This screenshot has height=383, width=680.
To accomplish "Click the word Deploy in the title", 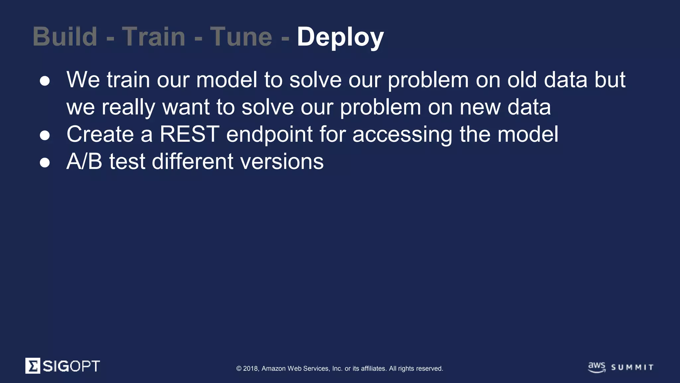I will (x=340, y=37).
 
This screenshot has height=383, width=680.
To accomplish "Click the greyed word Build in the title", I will (x=65, y=37).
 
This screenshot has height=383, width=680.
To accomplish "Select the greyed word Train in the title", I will (x=153, y=37).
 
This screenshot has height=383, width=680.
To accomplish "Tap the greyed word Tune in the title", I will (x=241, y=37).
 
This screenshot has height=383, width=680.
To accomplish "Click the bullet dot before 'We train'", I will (x=45, y=81).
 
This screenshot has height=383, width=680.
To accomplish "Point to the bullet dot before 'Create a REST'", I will (x=45, y=135).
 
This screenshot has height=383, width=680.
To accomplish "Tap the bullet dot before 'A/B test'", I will (x=45, y=163).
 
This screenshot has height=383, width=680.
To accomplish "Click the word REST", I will (x=190, y=134).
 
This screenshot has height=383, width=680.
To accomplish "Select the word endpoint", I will (x=269, y=135).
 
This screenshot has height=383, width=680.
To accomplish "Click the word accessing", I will (x=402, y=135).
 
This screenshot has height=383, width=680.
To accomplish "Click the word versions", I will (x=282, y=162).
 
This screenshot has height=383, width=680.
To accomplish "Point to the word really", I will (x=128, y=108).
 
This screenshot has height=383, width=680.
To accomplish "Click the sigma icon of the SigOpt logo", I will (x=33, y=366).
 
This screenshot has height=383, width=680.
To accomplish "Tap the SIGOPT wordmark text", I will (x=71, y=366).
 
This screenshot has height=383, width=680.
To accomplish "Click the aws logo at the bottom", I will (x=597, y=367).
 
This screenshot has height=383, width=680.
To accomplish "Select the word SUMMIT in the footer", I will (x=632, y=367).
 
